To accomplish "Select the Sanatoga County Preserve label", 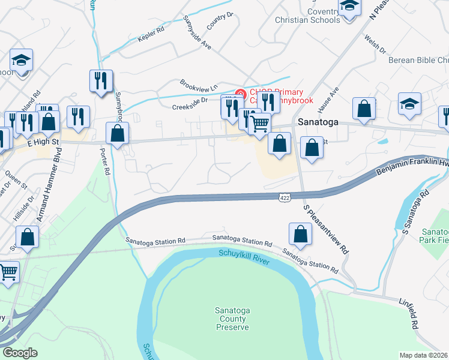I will click(x=232, y=319).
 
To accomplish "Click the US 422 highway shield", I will click(x=286, y=196).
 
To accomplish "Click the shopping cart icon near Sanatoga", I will click(x=259, y=124).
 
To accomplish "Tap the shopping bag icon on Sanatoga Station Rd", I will click(x=300, y=234).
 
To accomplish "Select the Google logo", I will click(x=20, y=353).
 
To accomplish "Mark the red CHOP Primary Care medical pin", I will click(x=240, y=94).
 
